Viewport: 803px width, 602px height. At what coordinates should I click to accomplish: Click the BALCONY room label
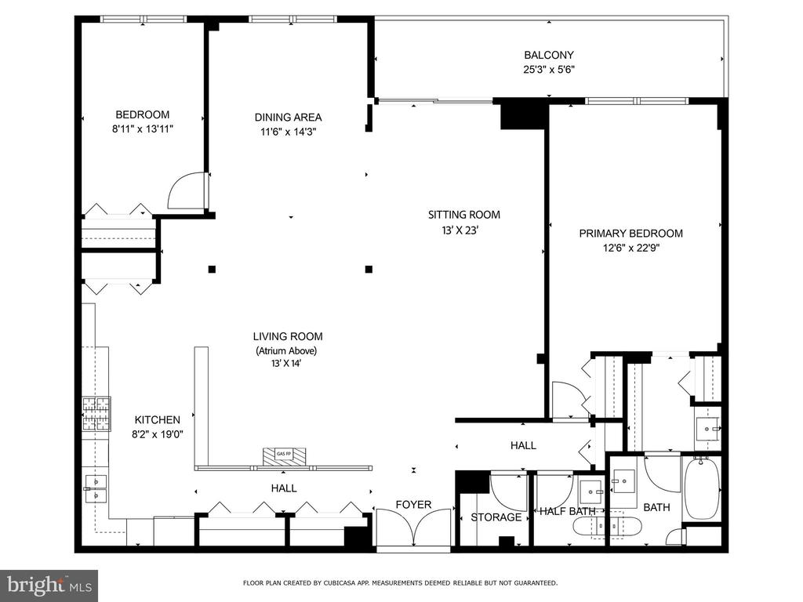548,55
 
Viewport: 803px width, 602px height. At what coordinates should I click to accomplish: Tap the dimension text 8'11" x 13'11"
143,129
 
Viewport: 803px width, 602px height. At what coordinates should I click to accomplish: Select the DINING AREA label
288,118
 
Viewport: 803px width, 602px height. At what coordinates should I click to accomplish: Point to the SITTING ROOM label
464,215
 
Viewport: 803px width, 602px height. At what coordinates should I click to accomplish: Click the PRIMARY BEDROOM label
631,234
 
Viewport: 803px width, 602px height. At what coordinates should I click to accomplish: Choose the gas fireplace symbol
284,456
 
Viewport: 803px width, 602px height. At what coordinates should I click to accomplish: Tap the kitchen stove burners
96,414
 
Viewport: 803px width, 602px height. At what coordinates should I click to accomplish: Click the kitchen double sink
96,488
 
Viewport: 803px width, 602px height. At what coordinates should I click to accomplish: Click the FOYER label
413,505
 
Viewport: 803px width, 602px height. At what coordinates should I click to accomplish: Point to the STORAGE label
496,517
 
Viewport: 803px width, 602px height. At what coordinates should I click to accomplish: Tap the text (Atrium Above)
286,350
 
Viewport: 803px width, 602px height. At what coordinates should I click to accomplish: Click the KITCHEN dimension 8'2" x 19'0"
157,434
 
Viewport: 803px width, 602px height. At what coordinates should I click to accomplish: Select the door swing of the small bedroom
185,190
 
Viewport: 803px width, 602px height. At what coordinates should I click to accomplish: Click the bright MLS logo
49,585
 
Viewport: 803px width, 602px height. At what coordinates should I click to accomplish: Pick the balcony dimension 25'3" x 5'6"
549,70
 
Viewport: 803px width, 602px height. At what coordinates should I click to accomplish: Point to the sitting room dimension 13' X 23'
460,231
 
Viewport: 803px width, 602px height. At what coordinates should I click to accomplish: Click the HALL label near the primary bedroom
523,445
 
